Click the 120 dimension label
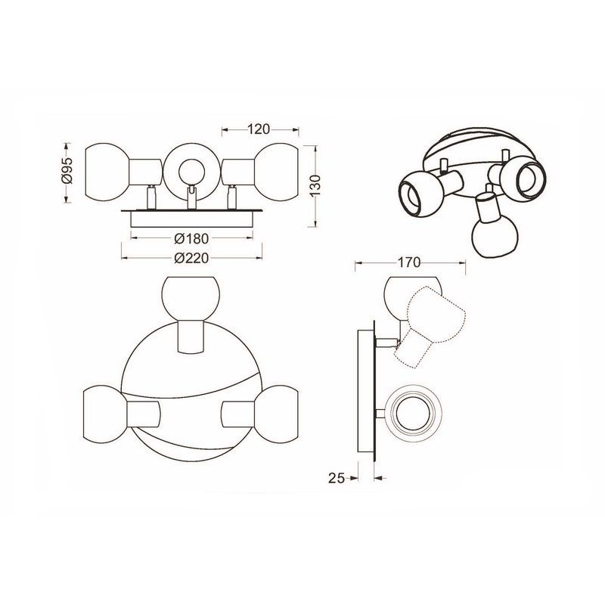259,129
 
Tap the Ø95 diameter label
67,170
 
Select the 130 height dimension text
315,187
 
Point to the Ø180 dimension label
191,239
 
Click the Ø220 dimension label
191,258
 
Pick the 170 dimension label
409,262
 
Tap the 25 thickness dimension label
336,478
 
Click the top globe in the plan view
191,298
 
